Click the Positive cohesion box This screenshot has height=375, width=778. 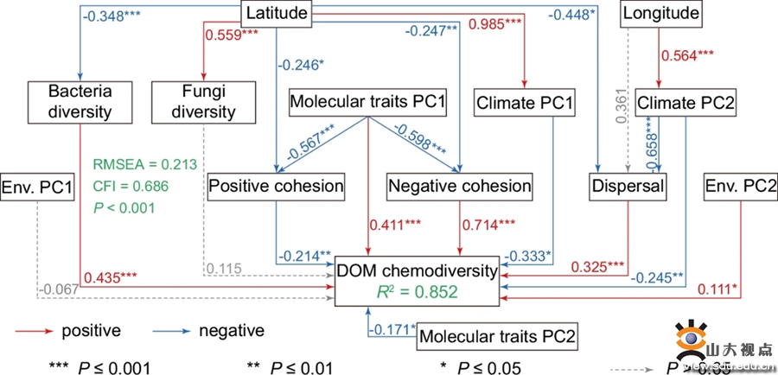[276, 186]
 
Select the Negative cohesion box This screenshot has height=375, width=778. [459, 186]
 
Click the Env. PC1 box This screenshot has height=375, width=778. [38, 186]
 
